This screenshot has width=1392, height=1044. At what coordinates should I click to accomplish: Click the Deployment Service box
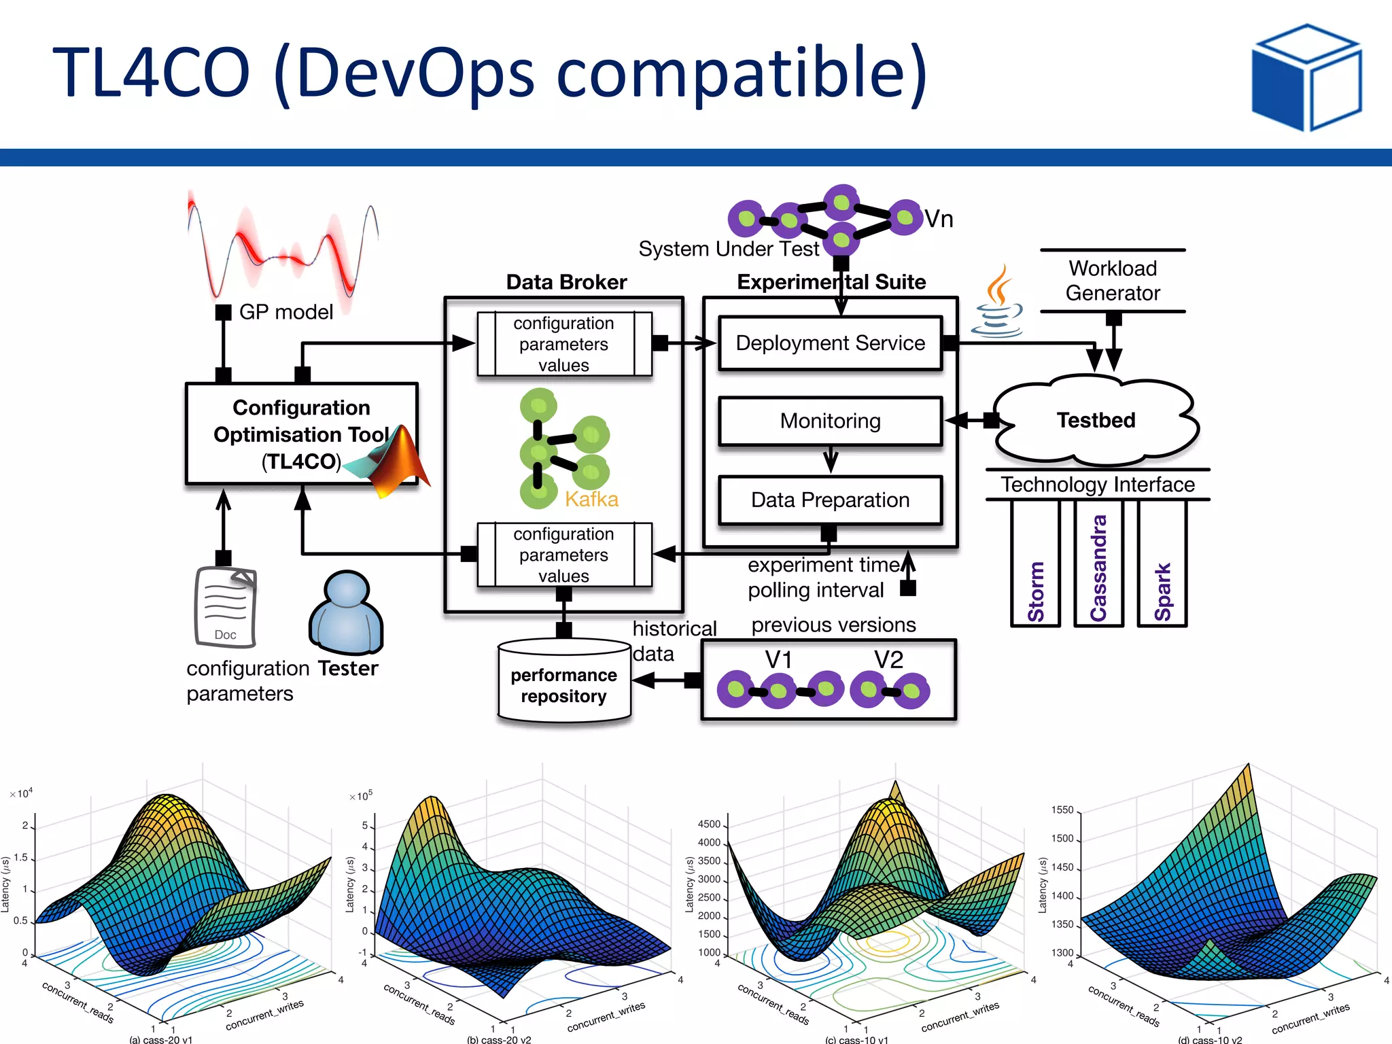(x=830, y=343)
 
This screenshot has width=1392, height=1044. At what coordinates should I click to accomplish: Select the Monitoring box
(x=830, y=421)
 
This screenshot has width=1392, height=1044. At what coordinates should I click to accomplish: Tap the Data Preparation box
(x=830, y=500)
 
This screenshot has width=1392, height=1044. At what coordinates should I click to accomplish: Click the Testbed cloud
(x=1095, y=421)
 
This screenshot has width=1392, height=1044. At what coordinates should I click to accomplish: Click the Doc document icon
(x=226, y=606)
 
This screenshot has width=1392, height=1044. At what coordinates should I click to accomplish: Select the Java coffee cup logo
(x=997, y=303)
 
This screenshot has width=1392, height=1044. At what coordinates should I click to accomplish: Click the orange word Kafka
(x=591, y=500)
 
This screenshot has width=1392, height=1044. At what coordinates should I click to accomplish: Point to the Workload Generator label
(x=1112, y=281)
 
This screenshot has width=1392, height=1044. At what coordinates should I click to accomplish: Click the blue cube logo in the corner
(x=1306, y=77)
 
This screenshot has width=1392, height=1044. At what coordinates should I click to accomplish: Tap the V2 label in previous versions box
(x=888, y=659)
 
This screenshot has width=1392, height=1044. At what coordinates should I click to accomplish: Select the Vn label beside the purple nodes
(x=939, y=219)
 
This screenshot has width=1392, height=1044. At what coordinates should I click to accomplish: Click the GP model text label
(x=285, y=312)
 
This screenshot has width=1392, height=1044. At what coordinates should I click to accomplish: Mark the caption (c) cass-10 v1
(x=856, y=1039)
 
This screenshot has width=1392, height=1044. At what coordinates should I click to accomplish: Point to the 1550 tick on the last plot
(x=1062, y=810)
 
